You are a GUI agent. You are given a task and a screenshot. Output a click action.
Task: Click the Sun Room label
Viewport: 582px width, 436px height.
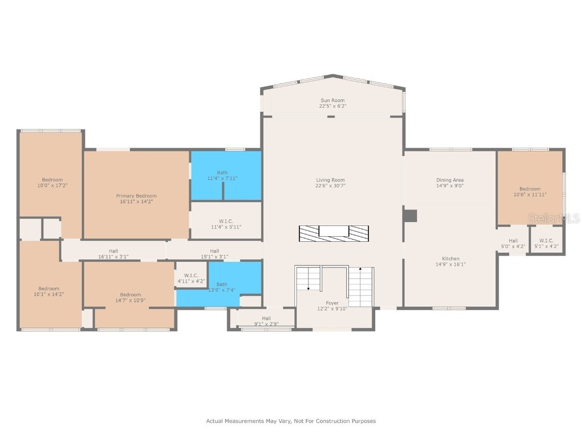tap(332, 100)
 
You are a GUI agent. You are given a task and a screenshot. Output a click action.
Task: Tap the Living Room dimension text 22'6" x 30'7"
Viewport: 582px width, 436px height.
tap(330, 186)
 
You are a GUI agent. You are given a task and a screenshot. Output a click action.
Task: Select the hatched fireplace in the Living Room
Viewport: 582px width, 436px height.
tap(334, 233)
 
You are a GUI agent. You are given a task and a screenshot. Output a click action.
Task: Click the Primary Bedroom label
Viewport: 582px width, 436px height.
tap(136, 196)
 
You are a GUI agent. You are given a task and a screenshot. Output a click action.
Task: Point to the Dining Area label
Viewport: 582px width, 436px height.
tap(450, 180)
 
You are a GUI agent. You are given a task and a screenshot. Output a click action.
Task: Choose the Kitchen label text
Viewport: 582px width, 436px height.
tap(451, 259)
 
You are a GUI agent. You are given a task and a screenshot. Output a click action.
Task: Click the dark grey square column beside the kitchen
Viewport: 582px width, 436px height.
tap(410, 216)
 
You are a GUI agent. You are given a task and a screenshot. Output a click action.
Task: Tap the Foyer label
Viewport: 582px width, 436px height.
tap(332, 303)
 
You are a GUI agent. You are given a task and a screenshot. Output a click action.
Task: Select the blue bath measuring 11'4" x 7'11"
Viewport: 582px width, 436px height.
tap(226, 176)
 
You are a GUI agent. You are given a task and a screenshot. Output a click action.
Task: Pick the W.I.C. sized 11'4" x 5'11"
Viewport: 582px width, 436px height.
tap(226, 220)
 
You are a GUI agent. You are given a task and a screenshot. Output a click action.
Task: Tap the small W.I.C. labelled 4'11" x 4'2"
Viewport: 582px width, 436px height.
tap(191, 275)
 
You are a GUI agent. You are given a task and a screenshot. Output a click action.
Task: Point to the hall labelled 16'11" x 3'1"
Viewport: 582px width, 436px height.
tap(114, 250)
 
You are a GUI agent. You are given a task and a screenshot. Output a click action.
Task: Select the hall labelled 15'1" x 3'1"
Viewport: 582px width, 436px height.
tap(214, 250)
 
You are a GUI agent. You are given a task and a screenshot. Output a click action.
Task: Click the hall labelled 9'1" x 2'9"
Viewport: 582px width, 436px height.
tap(266, 318)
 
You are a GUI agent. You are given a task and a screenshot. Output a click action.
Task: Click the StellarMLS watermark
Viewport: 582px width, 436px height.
tap(554, 219)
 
